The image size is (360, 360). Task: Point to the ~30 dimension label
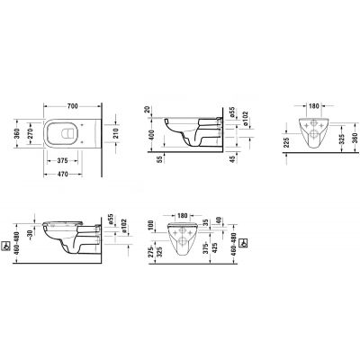tap(30, 234)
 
